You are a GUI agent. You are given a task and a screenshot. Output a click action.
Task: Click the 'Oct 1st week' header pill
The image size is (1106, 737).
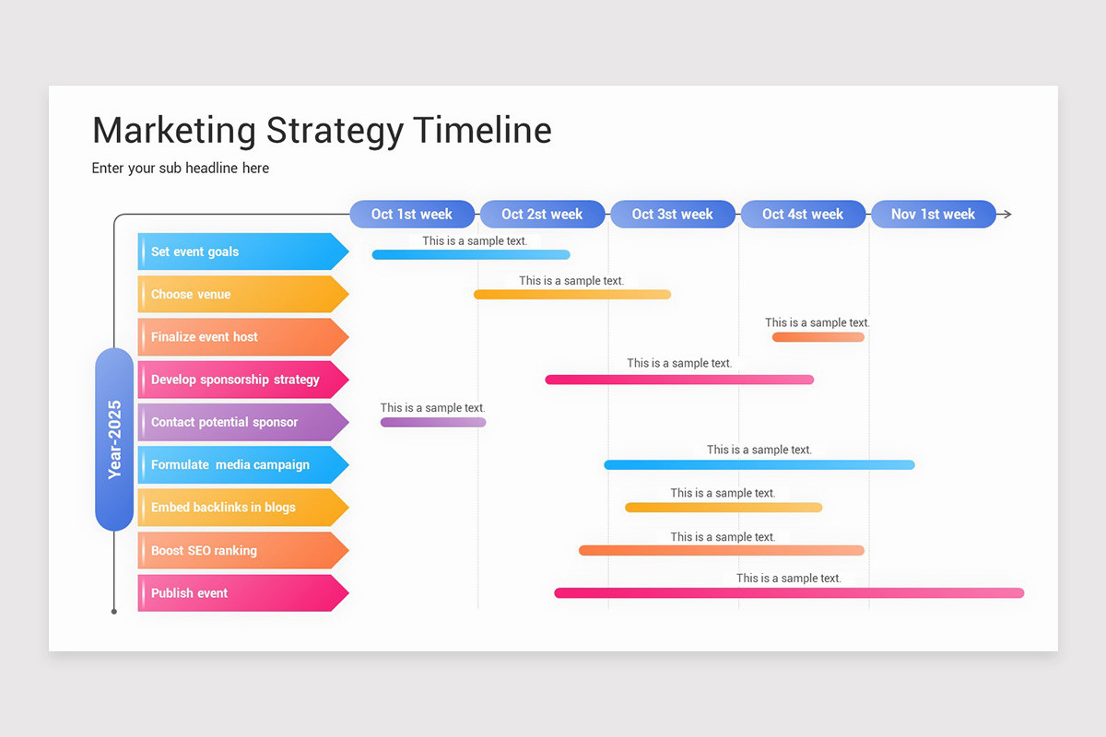[412, 214]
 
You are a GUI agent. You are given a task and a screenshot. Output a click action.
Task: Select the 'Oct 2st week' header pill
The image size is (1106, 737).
[542, 214]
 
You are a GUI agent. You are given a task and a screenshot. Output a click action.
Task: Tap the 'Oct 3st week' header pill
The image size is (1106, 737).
[673, 214]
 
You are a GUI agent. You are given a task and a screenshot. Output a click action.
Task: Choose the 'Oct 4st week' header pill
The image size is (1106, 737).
[803, 214]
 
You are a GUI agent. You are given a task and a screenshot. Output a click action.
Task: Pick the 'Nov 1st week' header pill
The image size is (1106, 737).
[933, 214]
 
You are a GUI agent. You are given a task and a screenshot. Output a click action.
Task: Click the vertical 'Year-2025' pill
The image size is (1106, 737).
[114, 439]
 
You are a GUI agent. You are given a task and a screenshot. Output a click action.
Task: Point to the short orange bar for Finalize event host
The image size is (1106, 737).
[818, 337]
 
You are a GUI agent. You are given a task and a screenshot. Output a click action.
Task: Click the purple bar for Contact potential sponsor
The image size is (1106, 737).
[433, 422]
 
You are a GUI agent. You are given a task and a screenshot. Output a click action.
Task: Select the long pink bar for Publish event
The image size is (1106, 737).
[789, 593]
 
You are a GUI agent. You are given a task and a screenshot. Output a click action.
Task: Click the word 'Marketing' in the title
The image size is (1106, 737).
[174, 130]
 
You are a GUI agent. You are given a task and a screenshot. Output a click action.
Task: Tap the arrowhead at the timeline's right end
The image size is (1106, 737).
[1007, 215]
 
